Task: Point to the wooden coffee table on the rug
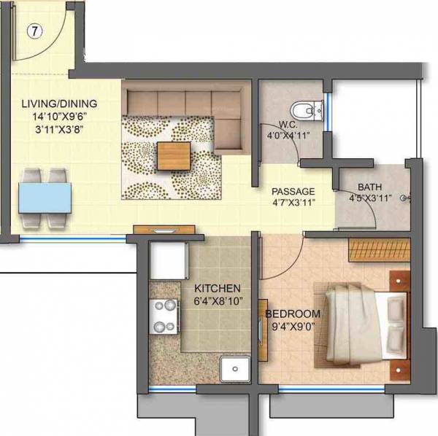174,155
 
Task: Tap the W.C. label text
286,123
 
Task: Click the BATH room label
369,187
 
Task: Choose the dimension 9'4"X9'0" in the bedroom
292,326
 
